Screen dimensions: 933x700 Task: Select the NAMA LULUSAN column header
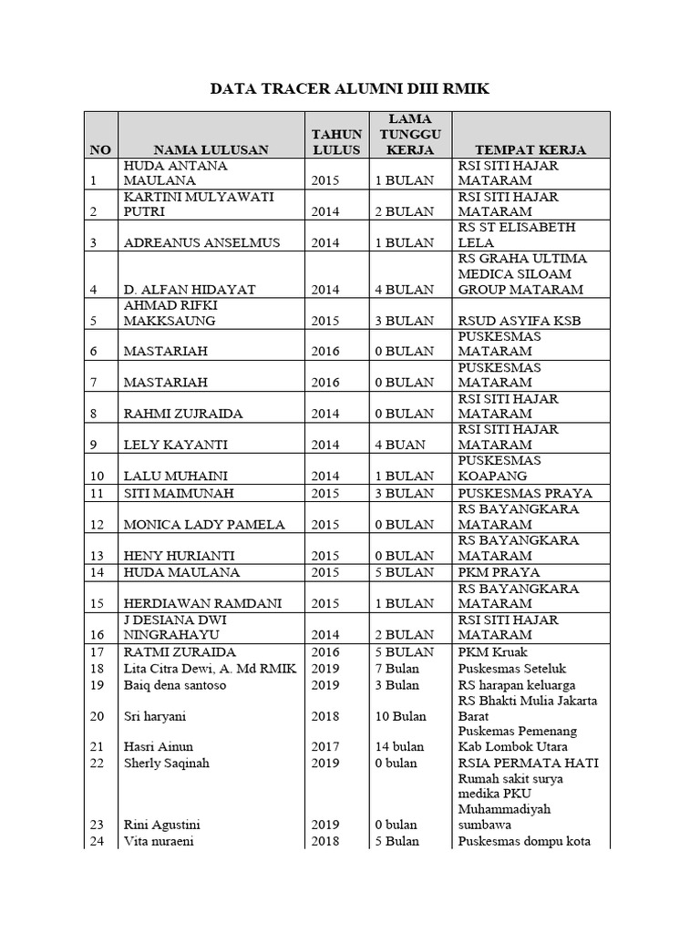point(211,149)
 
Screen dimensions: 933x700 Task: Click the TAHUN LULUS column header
point(336,142)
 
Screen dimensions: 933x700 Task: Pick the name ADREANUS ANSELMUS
point(189,242)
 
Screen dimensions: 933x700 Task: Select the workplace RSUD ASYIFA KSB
point(520,321)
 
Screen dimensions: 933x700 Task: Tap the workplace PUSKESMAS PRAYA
point(524,493)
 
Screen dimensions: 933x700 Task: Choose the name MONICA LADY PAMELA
point(204,524)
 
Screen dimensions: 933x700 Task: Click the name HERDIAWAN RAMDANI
point(201,603)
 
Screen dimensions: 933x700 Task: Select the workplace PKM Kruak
point(492,651)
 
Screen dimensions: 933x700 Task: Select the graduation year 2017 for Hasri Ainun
point(324,746)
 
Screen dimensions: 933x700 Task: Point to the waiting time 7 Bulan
point(397,668)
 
